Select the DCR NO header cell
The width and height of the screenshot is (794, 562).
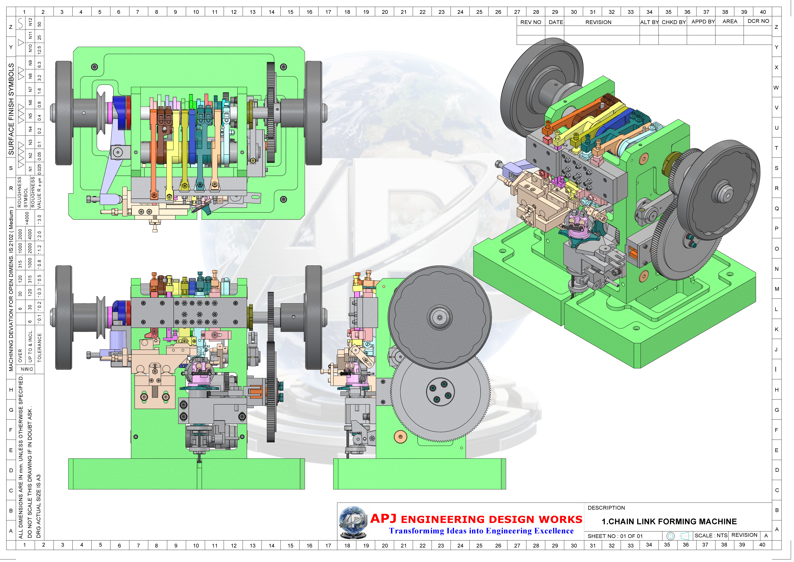758,21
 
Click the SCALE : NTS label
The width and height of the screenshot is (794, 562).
711,535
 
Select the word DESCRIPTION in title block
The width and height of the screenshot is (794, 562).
606,508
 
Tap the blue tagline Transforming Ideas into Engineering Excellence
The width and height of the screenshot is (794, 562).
481,531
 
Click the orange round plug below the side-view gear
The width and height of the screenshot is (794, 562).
400,437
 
